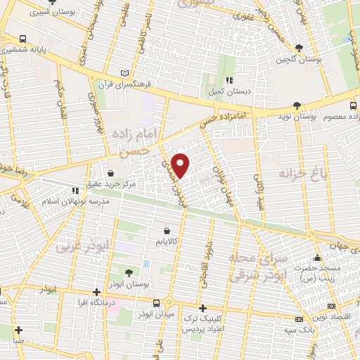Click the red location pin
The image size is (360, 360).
181,165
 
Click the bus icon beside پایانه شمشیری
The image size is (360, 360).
24,39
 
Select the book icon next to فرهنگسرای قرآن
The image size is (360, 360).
125,72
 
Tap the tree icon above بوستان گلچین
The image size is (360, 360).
300,48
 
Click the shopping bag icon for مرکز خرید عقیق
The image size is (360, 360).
110,172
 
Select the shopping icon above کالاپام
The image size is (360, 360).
167,230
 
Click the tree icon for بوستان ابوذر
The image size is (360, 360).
128,272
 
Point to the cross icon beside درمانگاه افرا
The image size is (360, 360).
97,292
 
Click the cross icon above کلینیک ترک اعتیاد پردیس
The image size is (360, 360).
202,308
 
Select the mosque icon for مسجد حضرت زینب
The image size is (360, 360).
319,257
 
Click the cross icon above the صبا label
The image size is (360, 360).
18,329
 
